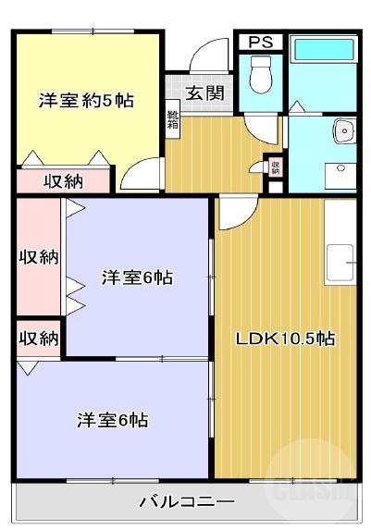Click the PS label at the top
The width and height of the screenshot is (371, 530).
coord(260,42)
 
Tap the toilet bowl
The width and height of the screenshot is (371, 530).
coord(260,73)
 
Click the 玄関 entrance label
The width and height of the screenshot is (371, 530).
coord(204,92)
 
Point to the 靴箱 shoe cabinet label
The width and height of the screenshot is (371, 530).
coord(173,120)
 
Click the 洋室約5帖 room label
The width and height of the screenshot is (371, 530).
coord(86,99)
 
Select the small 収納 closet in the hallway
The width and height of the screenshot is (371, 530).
coord(275,167)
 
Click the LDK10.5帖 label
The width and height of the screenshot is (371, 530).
coord(285,339)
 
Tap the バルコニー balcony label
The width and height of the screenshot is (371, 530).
coord(187,502)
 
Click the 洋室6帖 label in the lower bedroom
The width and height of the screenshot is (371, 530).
coord(113,419)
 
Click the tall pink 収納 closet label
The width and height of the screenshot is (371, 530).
coord(38,256)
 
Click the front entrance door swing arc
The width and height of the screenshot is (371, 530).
coord(209,54)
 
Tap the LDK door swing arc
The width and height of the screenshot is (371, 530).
coord(233,213)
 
